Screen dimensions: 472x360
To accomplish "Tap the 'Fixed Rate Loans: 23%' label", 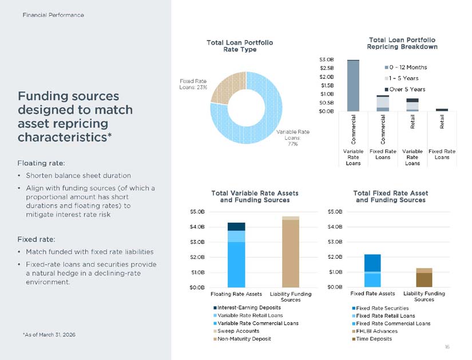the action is (193, 84).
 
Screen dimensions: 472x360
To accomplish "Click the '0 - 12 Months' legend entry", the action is (406, 67).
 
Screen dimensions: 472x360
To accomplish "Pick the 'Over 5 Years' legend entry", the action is (405, 89).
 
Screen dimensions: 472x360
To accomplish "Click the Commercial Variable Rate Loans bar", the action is (353, 85).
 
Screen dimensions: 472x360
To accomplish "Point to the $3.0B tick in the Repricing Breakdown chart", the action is (327, 60).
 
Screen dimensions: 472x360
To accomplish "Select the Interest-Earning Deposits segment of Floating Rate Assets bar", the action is (236, 227).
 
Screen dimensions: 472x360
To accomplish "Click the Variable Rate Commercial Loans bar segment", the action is (236, 264).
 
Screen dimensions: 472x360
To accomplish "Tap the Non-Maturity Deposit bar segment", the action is (291, 254).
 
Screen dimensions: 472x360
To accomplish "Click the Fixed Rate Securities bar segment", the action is (372, 263).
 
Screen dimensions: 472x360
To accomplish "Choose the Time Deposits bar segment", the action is (424, 280).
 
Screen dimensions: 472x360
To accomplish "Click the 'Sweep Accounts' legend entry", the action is (236, 331).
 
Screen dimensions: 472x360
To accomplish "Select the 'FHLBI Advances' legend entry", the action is (375, 331).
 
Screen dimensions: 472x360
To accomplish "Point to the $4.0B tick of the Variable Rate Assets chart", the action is (197, 227).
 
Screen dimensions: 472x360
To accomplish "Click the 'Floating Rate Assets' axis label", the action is (236, 294).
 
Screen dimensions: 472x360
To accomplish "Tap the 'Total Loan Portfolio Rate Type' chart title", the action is (240, 46).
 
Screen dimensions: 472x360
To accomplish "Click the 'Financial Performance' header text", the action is (53, 15).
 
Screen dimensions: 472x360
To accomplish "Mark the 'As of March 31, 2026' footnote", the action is (49, 335).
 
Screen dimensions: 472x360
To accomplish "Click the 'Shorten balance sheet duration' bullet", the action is (78, 175).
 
